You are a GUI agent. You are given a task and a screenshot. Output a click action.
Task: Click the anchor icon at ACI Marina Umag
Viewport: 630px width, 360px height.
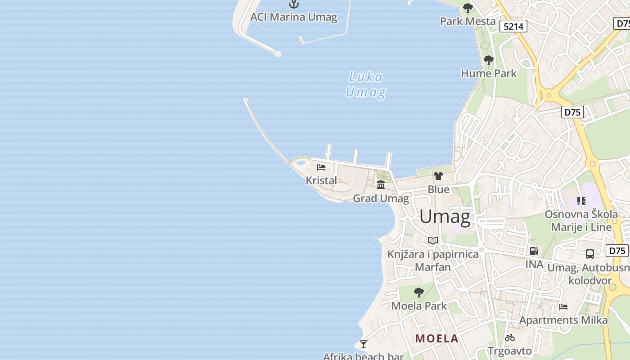click(294, 4)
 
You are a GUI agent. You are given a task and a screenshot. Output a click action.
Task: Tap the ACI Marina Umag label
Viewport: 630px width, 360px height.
click(294, 17)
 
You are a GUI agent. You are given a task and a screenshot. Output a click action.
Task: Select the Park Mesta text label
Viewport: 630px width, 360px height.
click(468, 21)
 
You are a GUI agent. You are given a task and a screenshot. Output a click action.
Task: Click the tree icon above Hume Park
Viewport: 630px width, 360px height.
click(488, 60)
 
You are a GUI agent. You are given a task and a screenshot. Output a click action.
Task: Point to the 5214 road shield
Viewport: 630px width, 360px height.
click(513, 27)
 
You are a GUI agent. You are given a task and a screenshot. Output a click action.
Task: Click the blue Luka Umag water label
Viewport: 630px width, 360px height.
click(365, 85)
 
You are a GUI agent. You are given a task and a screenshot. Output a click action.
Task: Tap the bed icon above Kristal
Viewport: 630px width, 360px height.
click(321, 167)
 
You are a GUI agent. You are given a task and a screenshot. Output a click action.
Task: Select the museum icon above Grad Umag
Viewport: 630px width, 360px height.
click(381, 184)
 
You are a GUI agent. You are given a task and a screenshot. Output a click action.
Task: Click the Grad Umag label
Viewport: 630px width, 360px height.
click(381, 198)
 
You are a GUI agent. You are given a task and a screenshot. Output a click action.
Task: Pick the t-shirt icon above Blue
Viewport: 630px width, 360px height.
click(438, 176)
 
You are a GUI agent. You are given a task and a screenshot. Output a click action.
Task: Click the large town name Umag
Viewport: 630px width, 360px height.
click(445, 217)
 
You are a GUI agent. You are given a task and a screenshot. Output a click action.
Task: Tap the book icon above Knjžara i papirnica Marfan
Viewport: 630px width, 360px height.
click(433, 241)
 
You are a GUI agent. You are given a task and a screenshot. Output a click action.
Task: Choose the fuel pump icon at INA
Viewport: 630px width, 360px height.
click(534, 251)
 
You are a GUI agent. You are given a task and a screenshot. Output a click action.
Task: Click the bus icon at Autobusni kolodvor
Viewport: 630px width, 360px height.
click(590, 254)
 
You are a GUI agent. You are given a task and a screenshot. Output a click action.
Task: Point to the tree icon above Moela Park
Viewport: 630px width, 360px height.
click(419, 292)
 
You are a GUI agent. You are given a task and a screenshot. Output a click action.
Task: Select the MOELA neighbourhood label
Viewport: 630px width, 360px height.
click(437, 338)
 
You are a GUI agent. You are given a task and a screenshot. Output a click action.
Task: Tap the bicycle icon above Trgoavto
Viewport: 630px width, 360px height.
click(510, 337)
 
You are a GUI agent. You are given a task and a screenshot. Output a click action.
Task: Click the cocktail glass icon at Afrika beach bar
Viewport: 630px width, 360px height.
click(364, 344)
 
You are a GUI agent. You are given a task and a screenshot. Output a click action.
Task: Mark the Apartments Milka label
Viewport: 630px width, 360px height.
click(563, 320)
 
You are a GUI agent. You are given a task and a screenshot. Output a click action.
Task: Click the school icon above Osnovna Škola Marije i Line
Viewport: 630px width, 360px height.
click(581, 201)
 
